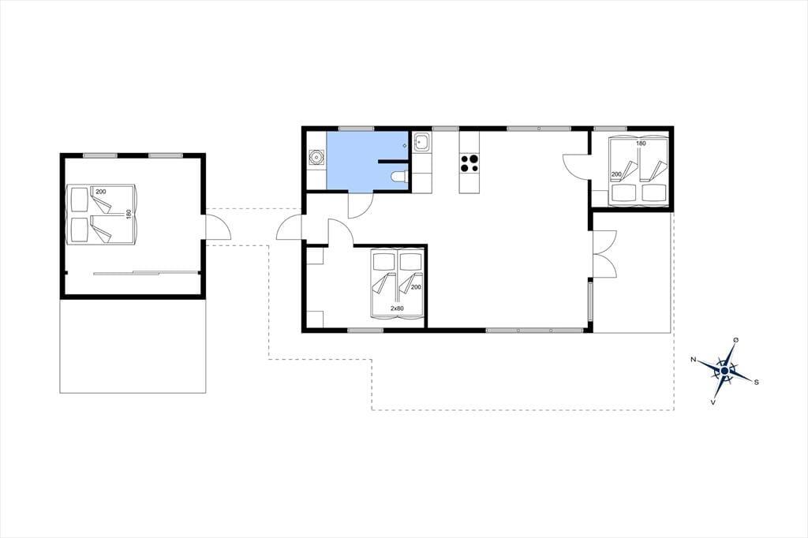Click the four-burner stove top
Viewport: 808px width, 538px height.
[469, 163]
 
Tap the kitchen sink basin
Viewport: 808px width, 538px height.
[422, 142]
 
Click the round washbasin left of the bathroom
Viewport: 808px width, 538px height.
[316, 157]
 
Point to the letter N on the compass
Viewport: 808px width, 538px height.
[694, 360]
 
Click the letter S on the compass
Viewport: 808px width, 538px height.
[756, 383]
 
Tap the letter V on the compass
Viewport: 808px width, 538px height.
[713, 402]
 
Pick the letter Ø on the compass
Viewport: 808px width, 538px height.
[736, 340]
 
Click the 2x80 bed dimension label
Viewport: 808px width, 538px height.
[397, 308]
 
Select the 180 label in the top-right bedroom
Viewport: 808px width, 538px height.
[641, 144]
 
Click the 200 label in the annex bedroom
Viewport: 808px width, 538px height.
[101, 192]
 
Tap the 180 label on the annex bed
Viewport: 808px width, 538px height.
[129, 214]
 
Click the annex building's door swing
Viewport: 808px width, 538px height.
[218, 226]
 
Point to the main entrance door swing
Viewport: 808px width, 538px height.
[289, 228]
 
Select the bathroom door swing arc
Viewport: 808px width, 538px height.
[360, 206]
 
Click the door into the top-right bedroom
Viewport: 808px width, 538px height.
[576, 166]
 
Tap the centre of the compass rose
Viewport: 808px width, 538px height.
[724, 371]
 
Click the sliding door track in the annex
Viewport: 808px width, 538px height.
[146, 273]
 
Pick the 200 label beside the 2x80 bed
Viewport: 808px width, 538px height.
[417, 288]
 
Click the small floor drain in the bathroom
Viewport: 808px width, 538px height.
[405, 146]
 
